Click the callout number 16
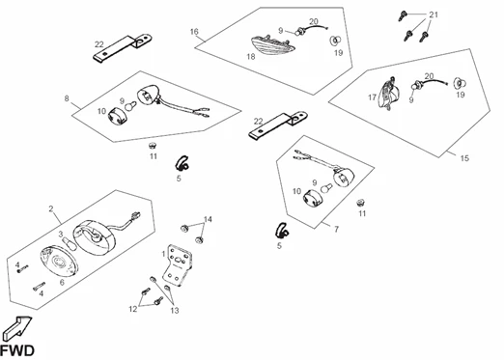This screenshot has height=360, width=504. [194, 32]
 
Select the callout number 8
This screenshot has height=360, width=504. [67, 98]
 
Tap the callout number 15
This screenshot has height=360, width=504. [465, 157]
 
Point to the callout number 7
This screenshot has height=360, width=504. [336, 231]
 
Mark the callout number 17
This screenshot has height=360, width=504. [370, 97]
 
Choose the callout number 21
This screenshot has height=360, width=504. [434, 14]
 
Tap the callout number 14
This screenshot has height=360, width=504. [208, 220]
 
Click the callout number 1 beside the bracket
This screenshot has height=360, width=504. [163, 253]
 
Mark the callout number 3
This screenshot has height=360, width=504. [60, 234]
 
